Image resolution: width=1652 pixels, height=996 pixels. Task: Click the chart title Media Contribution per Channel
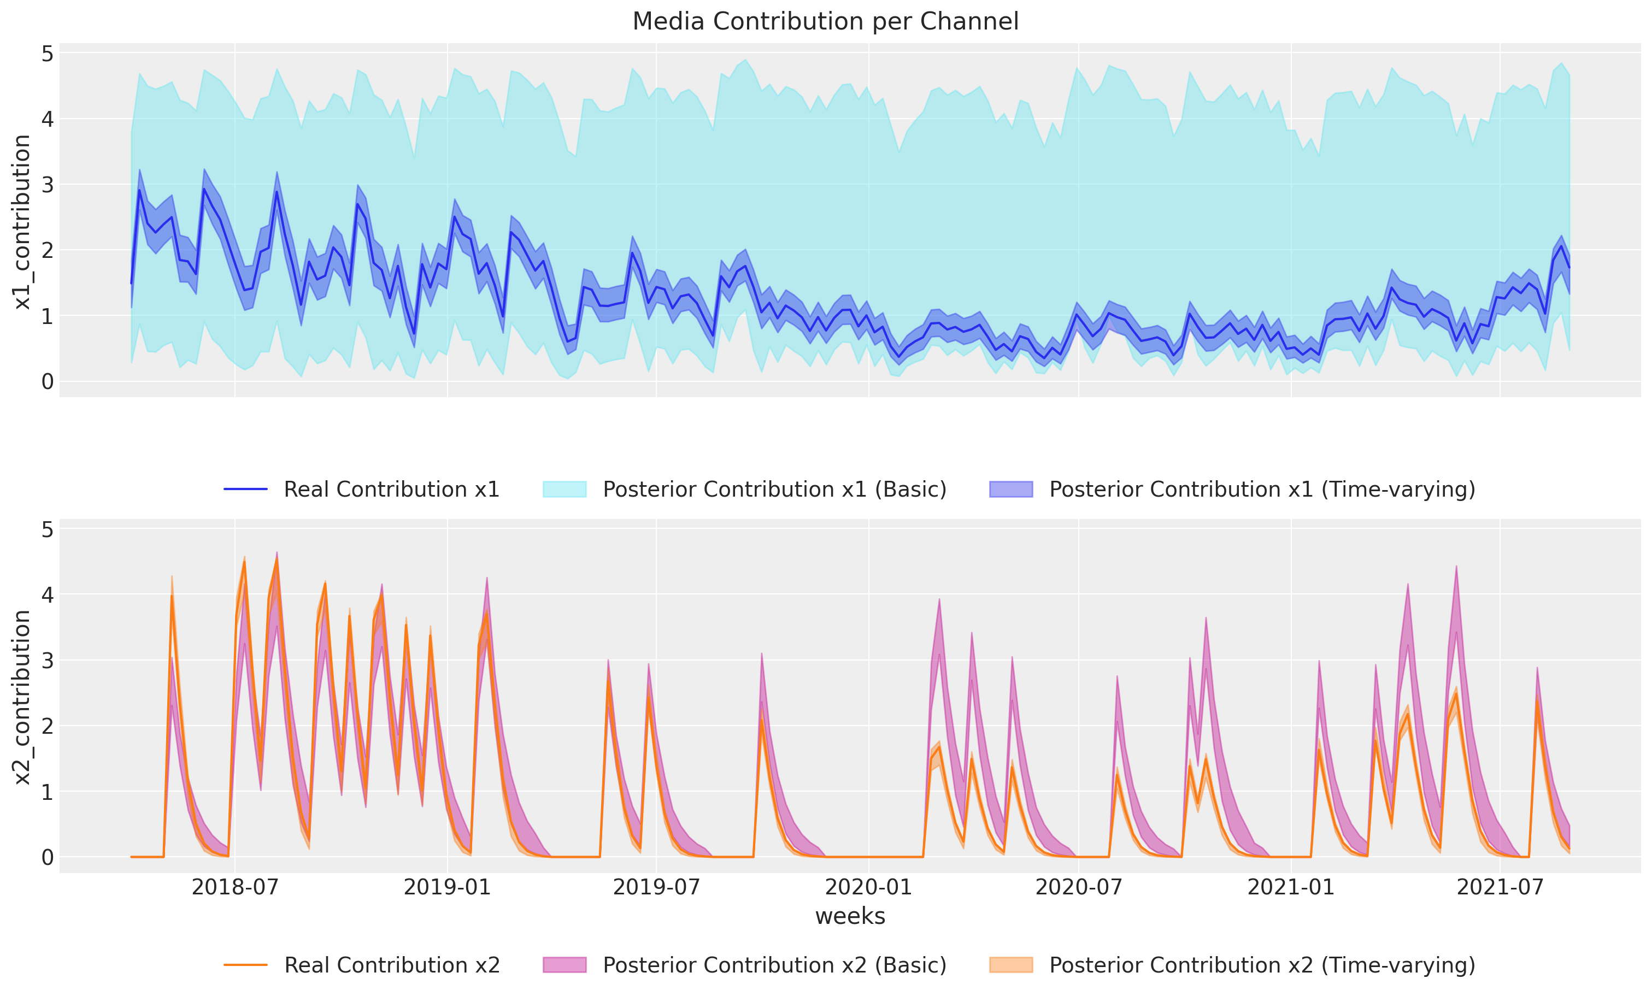pos(825,21)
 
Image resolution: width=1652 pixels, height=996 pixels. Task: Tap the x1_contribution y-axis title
pos(22,222)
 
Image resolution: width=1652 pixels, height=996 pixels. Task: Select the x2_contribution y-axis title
pos(22,697)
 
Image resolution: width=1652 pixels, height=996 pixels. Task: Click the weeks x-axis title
pos(849,916)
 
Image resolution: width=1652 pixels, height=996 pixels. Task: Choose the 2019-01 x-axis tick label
pos(447,887)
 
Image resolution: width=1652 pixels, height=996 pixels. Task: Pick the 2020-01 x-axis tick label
pos(868,887)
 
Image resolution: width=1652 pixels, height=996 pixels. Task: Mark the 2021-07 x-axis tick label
pos(1500,887)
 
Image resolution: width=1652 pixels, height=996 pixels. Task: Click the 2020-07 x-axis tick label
pos(1079,887)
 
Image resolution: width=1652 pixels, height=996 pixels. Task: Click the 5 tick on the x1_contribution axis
pos(47,54)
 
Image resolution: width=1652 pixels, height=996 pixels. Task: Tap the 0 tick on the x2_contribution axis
pos(47,857)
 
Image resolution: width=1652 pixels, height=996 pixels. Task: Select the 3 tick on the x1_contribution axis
pos(47,185)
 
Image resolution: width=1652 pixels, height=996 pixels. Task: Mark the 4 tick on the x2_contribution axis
pos(47,594)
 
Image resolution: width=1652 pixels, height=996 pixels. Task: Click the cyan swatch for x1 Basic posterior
pos(565,490)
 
